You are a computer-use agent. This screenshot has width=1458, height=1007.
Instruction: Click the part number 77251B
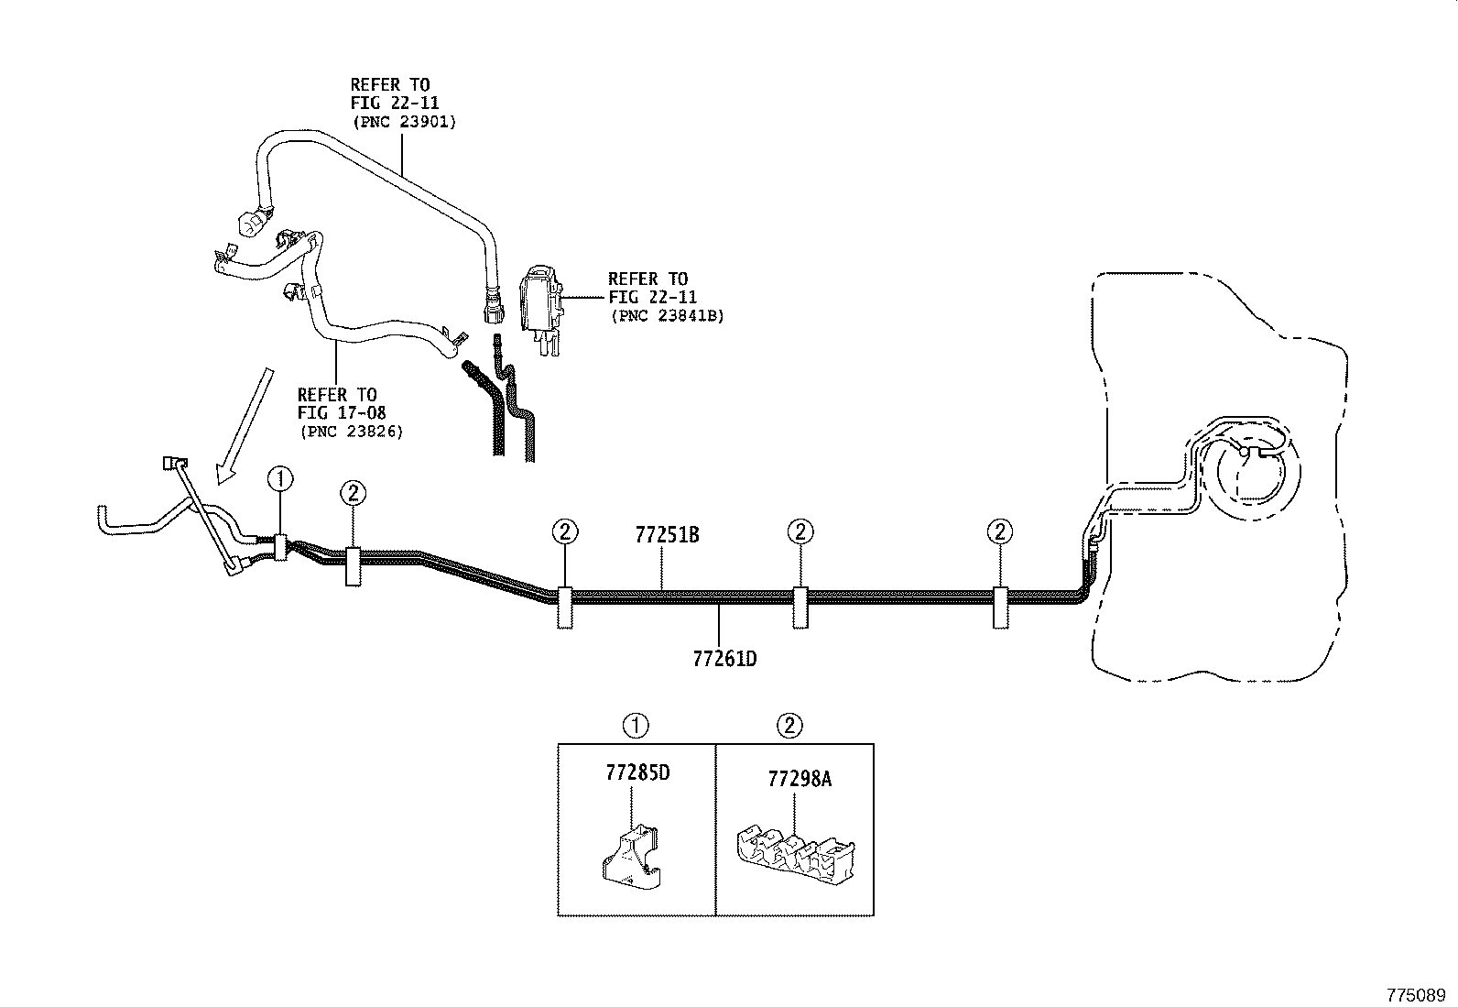coord(667,535)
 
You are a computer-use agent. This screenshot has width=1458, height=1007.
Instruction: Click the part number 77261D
coord(724,659)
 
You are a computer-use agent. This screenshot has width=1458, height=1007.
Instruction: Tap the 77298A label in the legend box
coord(799,779)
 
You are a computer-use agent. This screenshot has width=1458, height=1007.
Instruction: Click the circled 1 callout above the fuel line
coord(279,478)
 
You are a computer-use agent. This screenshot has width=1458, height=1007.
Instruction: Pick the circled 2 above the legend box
coord(789,727)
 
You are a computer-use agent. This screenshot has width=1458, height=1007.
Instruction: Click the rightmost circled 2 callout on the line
coord(1000,531)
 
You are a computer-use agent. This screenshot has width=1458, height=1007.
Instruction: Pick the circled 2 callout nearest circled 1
coord(353,494)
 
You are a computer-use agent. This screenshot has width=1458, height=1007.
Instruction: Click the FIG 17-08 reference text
coord(341,413)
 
